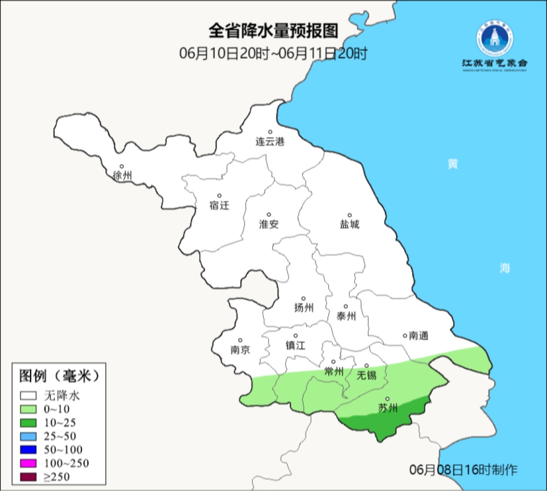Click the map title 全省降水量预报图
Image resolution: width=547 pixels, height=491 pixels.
(x=273, y=31)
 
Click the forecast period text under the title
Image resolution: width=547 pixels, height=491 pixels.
(x=273, y=53)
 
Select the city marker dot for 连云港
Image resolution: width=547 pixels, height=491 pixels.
(x=270, y=132)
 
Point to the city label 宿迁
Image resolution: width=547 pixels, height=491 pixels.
(x=219, y=205)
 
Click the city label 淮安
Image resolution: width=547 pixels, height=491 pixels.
(x=269, y=224)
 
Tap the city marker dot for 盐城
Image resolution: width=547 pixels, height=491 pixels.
(x=349, y=215)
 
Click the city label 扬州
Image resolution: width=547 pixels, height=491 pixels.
(x=303, y=308)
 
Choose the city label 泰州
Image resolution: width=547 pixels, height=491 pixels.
(x=346, y=316)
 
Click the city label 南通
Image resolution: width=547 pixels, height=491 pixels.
(x=418, y=335)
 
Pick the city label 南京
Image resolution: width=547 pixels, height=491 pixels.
(x=240, y=350)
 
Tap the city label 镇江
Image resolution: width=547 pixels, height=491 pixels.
(x=296, y=345)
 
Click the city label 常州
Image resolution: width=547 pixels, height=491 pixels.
(x=334, y=371)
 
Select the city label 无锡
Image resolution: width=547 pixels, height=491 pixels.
(x=366, y=375)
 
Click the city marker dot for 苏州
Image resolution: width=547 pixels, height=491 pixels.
(x=387, y=399)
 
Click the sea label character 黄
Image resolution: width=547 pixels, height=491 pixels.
(x=452, y=164)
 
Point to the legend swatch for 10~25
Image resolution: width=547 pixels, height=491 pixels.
(x=29, y=423)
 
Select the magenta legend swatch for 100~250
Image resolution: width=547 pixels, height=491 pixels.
(x=29, y=463)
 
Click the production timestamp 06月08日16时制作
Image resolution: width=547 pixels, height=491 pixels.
(x=463, y=469)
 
